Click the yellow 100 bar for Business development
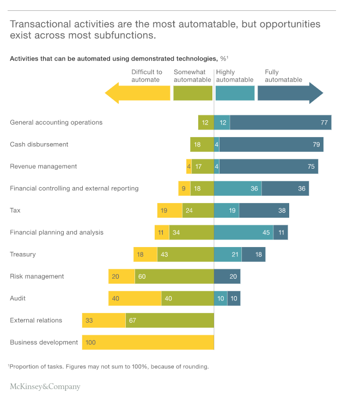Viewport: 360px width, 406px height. coord(148,342)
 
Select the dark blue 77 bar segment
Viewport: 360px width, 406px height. coord(280,122)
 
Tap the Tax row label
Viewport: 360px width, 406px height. coord(15,210)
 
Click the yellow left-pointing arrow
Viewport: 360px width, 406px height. coord(137,93)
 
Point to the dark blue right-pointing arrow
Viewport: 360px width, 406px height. coord(290,93)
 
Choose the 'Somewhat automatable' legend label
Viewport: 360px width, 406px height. coord(192,76)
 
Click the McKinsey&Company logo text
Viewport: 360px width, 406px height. coord(45,387)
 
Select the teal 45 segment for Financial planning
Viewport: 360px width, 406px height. coord(243,232)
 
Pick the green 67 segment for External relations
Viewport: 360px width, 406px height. coord(170,320)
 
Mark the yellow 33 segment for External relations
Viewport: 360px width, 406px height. coord(104,320)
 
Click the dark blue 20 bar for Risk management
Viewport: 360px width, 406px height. coord(227,276)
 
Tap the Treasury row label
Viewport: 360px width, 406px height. coord(23,254)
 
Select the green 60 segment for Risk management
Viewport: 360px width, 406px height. coord(174,276)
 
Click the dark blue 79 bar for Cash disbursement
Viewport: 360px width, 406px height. coord(271,144)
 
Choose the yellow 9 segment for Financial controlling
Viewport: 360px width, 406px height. coord(184,188)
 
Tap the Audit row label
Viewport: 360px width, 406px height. coord(18,298)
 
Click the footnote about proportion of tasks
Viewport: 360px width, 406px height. coord(108,366)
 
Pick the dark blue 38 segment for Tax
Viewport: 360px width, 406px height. coord(264,210)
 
